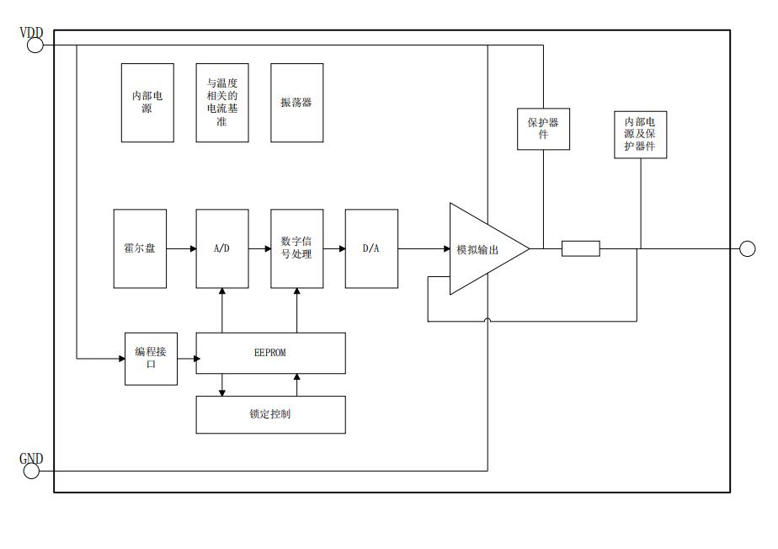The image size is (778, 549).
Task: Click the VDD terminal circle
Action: pos(35,45)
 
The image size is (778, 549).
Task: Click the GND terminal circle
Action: pos(32,471)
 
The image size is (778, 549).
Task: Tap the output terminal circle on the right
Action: pos(747,248)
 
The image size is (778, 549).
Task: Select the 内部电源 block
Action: pos(147,103)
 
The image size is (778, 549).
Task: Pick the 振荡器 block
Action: pos(296,103)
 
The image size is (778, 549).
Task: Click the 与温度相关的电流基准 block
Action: pos(222,103)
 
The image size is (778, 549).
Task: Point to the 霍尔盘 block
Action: pos(140,248)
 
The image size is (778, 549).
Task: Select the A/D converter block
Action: pos(222,248)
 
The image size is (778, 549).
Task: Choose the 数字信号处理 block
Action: pos(296,248)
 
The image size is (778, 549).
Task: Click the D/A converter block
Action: pos(371,248)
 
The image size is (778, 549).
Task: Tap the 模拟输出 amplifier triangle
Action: pos(480,249)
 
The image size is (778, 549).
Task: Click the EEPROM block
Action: pos(270,353)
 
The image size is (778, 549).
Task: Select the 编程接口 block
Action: pos(151,359)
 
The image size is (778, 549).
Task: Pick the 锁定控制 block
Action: pos(270,414)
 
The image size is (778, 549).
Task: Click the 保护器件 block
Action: pos(543,129)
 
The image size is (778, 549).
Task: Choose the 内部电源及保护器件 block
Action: pos(641,135)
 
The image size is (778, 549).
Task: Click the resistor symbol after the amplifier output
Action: pos(581,248)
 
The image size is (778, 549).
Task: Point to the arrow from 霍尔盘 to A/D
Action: pos(181,248)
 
